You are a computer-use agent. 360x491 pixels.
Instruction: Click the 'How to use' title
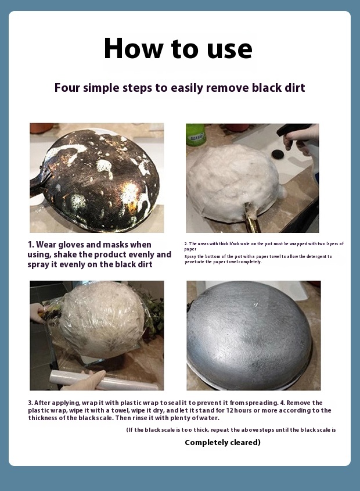(x=178, y=49)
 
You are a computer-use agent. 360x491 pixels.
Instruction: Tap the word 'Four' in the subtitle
(x=67, y=88)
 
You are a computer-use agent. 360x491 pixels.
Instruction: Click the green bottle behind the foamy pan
(x=196, y=134)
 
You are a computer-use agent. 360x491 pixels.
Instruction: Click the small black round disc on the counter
(x=277, y=154)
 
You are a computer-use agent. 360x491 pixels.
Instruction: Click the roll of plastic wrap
(x=103, y=380)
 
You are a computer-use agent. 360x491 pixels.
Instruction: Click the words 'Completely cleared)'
(x=222, y=442)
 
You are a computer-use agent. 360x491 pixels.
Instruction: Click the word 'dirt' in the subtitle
(x=294, y=88)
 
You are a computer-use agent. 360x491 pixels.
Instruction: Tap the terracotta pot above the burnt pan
(x=41, y=127)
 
